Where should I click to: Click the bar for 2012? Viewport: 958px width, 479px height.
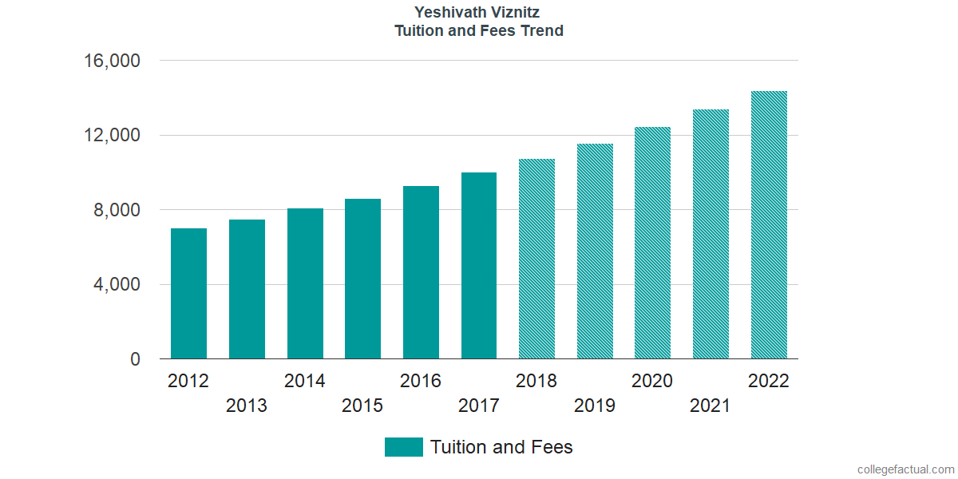coord(188,294)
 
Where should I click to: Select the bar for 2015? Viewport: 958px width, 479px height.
coord(362,279)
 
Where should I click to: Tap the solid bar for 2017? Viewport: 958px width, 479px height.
coord(479,266)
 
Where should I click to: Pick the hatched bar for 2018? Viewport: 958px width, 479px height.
coord(536,259)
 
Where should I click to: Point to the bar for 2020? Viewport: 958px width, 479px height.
coord(652,243)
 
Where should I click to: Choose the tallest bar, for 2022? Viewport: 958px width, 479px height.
coord(769,225)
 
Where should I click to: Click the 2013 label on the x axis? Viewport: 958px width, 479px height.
coord(247,406)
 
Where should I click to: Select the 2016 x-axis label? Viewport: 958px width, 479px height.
coord(421,381)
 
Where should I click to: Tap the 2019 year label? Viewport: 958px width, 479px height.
coord(595,406)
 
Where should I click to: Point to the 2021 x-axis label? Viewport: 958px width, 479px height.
coord(711,406)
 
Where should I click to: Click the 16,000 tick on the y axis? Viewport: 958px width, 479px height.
coord(113,61)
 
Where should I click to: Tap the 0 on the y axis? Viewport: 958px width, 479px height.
coord(136,360)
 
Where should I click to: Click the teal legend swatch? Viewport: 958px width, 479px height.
coord(403,447)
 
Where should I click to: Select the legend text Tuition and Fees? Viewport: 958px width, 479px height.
coord(501,447)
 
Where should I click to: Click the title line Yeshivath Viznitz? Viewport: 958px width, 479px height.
coord(478,12)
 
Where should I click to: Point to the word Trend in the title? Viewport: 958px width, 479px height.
coord(541,31)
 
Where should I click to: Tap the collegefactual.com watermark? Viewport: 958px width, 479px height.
coord(905,469)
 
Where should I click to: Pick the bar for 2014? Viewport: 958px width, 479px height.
coord(305,283)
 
